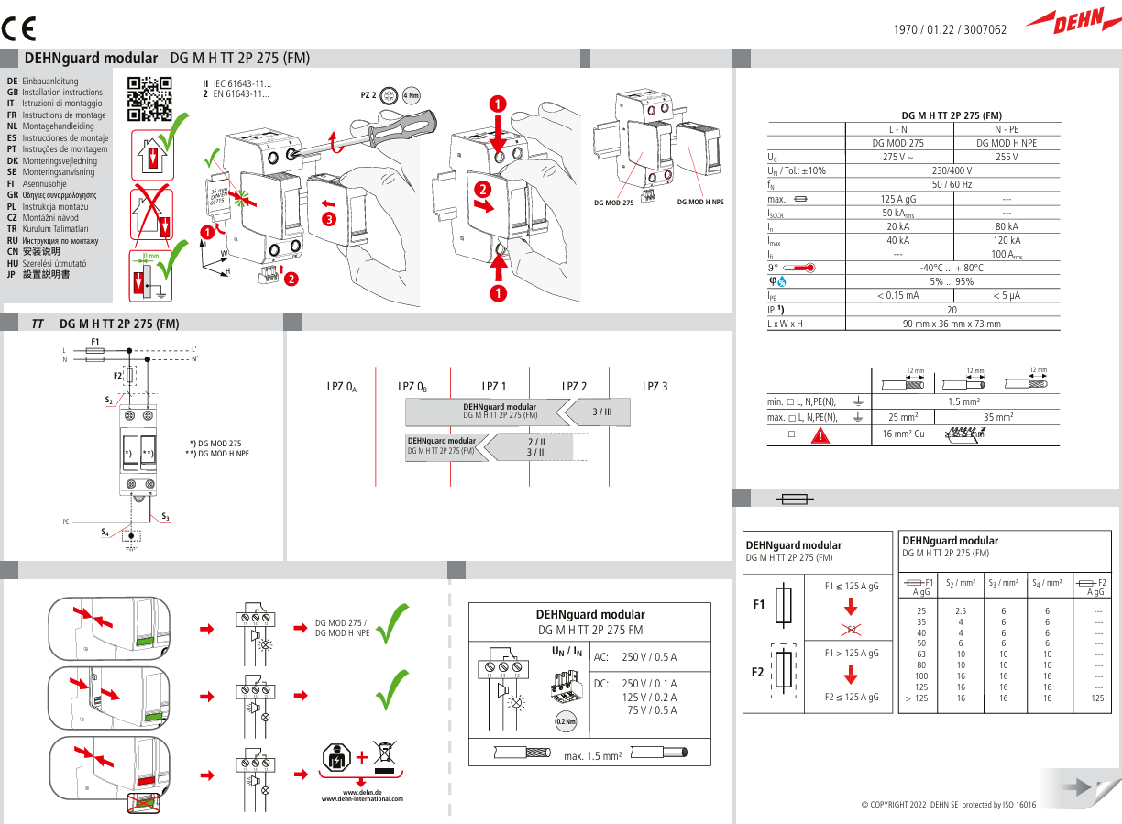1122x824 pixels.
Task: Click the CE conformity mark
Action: coord(18,28)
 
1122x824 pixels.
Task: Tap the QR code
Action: coord(149,99)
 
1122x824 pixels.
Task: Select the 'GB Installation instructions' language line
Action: coord(56,93)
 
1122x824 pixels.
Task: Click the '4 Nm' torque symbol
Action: coord(412,95)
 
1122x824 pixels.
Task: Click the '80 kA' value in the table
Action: coord(1006,226)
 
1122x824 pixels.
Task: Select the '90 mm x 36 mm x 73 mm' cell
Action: coord(951,324)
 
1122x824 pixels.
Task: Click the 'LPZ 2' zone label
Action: coord(574,387)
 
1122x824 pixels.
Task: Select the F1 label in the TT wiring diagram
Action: coord(95,342)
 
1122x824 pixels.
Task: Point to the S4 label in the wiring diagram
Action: coord(104,532)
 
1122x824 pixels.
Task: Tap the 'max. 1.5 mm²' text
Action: coord(593,756)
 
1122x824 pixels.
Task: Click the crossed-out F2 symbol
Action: coord(850,629)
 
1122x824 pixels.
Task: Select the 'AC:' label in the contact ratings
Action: coord(601,657)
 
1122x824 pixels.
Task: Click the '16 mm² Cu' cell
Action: coord(903,434)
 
